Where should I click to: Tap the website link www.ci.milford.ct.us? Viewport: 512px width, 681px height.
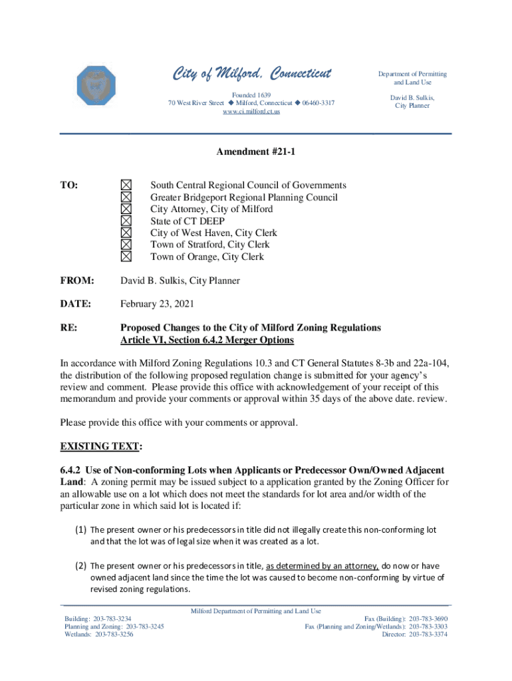[251, 112]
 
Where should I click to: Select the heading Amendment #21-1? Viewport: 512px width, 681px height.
[255, 152]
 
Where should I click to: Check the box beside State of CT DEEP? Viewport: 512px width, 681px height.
[126, 221]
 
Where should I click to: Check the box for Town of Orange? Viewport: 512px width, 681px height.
[126, 257]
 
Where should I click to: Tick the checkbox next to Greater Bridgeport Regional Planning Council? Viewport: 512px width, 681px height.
[126, 197]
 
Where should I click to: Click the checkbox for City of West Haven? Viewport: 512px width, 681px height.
[126, 233]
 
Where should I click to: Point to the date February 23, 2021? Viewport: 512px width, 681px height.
[157, 304]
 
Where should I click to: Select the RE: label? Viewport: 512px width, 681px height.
[68, 328]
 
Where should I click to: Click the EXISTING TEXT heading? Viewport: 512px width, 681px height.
[101, 445]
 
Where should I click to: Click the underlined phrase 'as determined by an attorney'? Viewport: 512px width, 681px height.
[322, 566]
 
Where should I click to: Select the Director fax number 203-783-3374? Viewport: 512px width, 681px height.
[428, 634]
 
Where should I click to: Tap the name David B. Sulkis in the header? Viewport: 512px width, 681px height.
[412, 97]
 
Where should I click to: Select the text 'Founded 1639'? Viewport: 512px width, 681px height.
[251, 95]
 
